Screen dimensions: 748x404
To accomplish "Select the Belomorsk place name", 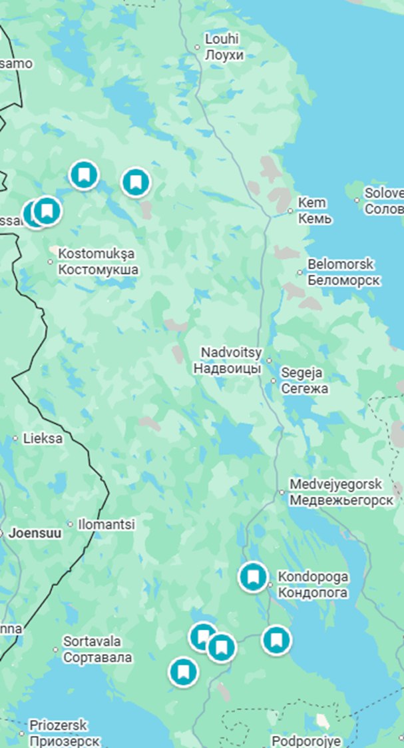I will click(x=341, y=264).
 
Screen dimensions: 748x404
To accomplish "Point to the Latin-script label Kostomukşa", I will click(x=97, y=254).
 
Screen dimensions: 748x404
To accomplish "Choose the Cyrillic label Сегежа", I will click(x=305, y=388).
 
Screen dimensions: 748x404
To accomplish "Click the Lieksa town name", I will click(x=43, y=439).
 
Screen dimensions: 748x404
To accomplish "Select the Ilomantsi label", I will click(x=106, y=525).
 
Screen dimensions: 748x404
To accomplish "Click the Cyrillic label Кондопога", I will click(x=313, y=593).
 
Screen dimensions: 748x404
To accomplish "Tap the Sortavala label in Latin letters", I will click(x=92, y=641).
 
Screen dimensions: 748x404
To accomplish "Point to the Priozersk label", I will click(x=59, y=725).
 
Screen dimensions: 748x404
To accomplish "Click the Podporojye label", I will click(x=306, y=741).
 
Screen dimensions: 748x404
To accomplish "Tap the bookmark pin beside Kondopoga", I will click(x=253, y=577).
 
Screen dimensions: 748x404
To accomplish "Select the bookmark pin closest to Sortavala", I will click(x=183, y=671).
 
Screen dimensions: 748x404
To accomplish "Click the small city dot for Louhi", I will click(x=197, y=47).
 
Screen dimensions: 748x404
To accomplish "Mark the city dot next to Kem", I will click(x=290, y=210).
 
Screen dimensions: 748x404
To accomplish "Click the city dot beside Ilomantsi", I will click(x=71, y=525).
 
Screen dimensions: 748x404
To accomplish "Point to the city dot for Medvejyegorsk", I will click(x=282, y=492).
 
